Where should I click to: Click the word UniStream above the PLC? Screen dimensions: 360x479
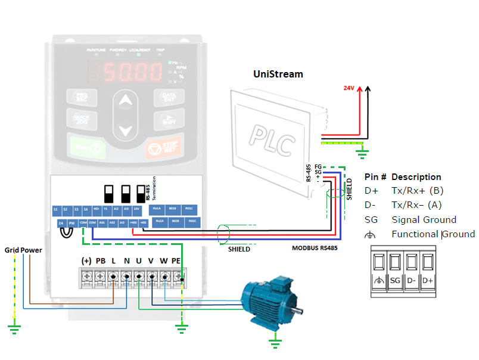278,75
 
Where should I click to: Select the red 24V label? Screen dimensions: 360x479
349,88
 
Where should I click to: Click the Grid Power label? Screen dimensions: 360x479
24,250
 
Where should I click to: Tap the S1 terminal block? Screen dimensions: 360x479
55,210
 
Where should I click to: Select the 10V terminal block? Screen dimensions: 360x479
136,210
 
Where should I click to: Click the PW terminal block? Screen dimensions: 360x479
72,223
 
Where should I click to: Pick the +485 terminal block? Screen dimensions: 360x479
133,223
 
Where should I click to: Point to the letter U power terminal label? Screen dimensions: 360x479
138,261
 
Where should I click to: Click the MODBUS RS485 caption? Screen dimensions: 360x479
315,247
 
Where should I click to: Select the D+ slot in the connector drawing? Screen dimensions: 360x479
427,272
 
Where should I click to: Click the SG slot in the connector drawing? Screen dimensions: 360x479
394,272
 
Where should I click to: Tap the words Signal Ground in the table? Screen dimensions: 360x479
424,219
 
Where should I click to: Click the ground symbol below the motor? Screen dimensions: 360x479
275,342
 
